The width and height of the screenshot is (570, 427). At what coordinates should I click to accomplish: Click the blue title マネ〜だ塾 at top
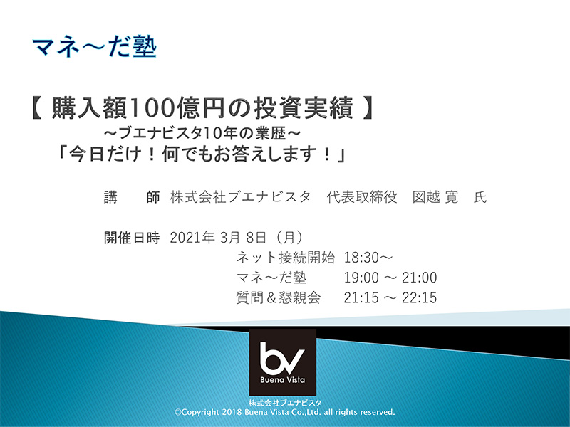(x=95, y=47)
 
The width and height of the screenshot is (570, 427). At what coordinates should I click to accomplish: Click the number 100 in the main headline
(x=150, y=109)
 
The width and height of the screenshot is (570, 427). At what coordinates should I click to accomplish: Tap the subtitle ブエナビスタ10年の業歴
(x=202, y=133)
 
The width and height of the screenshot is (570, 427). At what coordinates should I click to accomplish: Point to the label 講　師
(x=132, y=198)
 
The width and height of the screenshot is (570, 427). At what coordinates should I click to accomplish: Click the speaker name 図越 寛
(x=435, y=197)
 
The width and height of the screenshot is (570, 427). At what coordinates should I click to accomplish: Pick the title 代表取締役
(x=362, y=197)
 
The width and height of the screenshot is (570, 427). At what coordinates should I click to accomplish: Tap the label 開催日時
(x=132, y=238)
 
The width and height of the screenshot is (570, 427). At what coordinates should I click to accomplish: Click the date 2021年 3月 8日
(x=218, y=238)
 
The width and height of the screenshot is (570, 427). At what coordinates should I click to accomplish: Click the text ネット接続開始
(x=286, y=258)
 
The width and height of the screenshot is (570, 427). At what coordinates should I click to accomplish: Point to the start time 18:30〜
(x=368, y=258)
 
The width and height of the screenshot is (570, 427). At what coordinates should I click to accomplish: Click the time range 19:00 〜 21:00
(x=390, y=278)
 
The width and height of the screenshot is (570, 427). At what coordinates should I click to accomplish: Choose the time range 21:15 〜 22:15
(x=390, y=297)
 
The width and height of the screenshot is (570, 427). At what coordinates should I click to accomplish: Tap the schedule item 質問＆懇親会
(x=279, y=297)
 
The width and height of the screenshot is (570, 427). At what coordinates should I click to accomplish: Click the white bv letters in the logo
(x=282, y=358)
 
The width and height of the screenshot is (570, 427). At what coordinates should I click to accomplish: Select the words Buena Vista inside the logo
(x=282, y=380)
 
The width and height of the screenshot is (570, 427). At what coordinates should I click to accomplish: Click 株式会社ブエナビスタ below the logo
(x=284, y=403)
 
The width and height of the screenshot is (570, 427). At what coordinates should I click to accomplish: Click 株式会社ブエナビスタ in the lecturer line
(x=240, y=197)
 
